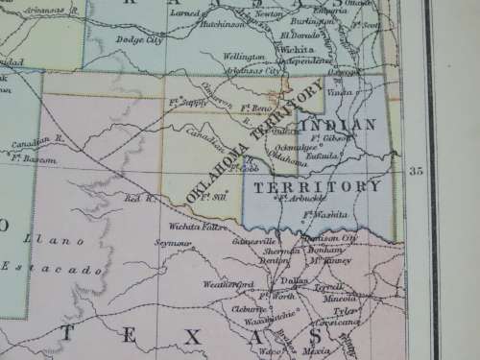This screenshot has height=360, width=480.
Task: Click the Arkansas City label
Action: coord(257,71)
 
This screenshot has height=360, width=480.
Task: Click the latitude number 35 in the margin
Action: coord(416,171)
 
